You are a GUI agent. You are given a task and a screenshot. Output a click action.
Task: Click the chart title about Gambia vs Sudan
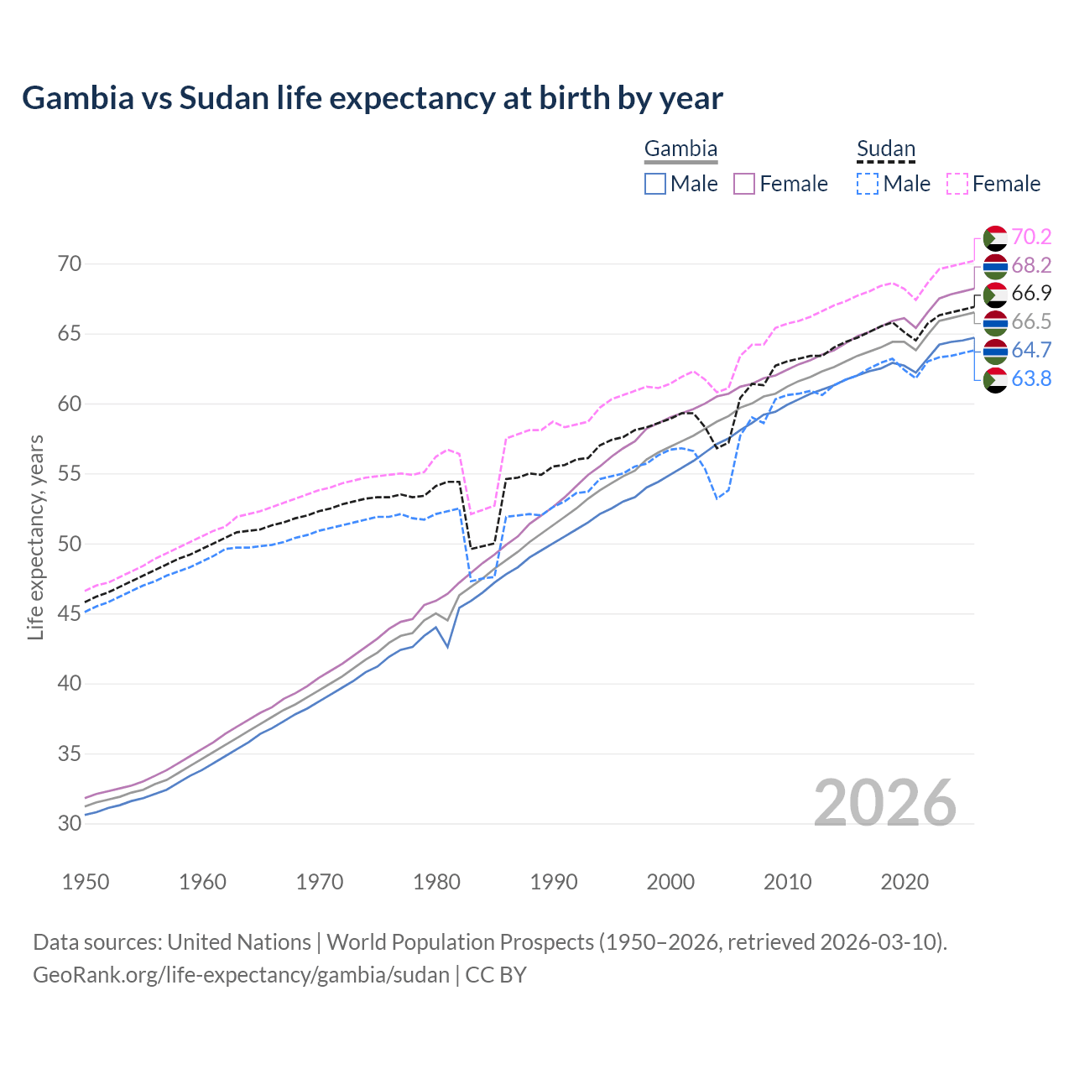[372, 98]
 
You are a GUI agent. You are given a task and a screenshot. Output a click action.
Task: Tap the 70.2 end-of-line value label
[1031, 237]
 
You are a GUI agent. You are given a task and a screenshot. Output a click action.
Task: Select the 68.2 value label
[1031, 265]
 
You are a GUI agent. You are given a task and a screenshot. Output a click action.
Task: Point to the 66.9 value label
[1031, 293]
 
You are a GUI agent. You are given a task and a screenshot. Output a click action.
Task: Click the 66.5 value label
[1031, 321]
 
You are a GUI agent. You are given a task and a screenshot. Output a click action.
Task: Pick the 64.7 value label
[1031, 350]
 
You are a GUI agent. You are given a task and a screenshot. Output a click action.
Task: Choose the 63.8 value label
[1031, 378]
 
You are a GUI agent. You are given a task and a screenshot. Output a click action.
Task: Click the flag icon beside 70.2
[995, 237]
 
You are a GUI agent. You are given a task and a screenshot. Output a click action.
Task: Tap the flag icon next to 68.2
[995, 266]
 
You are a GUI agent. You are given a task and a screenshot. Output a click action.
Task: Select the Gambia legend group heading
[680, 149]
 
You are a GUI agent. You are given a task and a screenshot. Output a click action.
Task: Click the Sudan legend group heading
[885, 149]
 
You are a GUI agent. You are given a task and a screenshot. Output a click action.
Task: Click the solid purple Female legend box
[744, 184]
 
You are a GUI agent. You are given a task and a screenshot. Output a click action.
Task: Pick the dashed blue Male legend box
[868, 184]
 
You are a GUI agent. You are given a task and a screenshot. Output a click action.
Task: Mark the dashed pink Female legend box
[957, 184]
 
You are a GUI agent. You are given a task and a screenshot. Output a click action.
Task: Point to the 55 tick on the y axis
[70, 474]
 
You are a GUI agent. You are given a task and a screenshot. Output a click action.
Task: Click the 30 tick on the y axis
[70, 824]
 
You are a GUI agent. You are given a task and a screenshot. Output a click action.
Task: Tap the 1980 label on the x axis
[436, 882]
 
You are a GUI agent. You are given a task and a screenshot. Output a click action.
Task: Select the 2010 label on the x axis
[787, 882]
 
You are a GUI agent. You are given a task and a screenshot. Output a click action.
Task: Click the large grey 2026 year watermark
[885, 803]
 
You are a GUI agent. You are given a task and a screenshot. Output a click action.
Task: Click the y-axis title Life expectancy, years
[35, 537]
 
